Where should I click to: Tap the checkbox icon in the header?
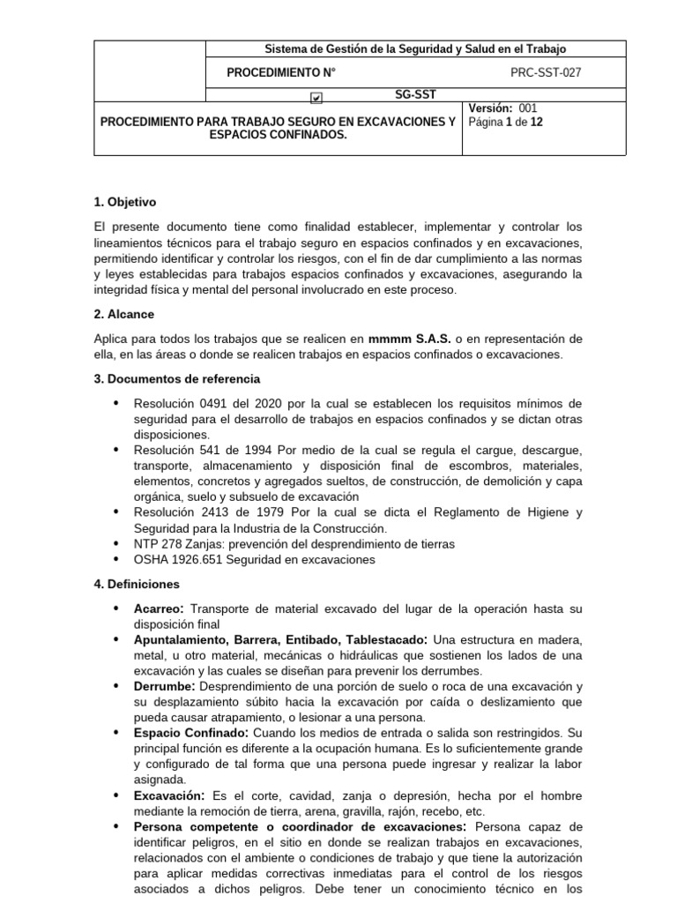pos(316,98)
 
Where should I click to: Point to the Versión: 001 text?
pos(502,108)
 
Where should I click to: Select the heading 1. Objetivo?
pos(126,202)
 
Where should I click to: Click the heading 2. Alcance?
pos(123,314)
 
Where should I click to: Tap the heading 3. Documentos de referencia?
pos(176,378)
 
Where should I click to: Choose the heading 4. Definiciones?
pos(136,584)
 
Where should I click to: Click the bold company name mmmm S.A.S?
pos(409,338)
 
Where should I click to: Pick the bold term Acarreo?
pos(160,609)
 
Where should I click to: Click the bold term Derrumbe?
pos(166,685)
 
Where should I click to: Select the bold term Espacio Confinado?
pos(191,733)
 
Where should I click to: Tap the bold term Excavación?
pos(169,795)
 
